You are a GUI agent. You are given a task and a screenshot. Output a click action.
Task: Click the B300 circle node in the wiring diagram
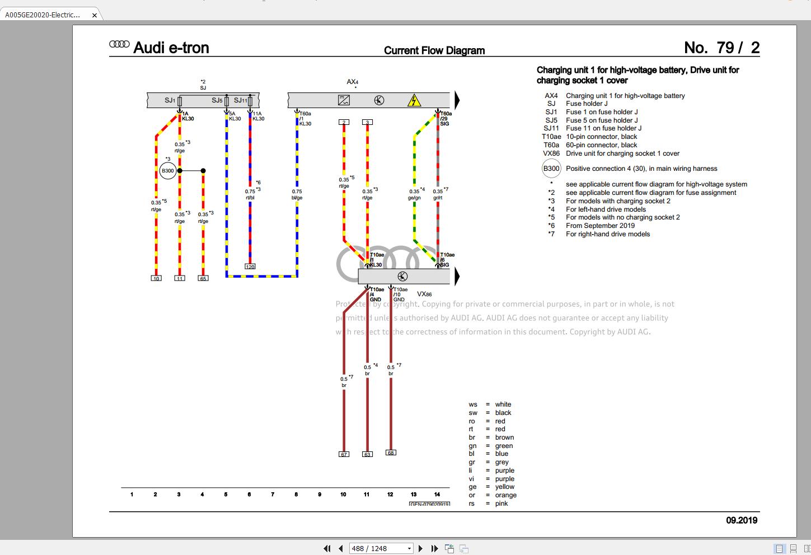point(168,171)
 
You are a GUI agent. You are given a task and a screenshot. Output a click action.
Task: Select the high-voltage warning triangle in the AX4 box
point(414,101)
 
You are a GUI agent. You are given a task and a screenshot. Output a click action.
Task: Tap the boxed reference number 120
point(250,267)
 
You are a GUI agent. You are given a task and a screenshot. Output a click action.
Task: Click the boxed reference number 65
point(203,278)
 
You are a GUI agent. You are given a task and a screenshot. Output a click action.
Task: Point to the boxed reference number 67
point(344,454)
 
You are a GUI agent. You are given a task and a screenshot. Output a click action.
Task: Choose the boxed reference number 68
point(391,453)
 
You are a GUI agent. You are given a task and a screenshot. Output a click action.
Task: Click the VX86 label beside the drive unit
point(424,294)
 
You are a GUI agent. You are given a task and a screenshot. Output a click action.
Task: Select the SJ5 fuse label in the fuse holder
point(217,101)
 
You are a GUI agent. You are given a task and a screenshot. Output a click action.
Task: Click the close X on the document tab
point(95,15)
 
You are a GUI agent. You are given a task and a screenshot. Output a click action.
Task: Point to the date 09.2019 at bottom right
point(742,520)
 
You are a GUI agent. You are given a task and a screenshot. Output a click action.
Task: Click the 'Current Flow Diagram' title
point(434,50)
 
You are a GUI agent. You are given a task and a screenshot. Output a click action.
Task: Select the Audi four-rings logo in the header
point(119,45)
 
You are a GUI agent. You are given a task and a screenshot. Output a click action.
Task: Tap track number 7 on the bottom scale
point(273,495)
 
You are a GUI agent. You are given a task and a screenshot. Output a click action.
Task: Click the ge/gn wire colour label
point(414,198)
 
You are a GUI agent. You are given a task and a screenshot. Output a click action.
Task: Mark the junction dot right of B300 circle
point(203,171)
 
